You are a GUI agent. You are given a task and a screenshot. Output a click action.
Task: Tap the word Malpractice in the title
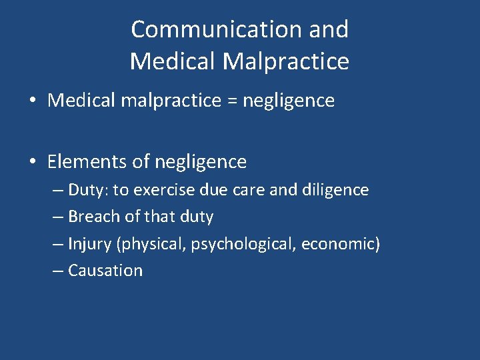(x=286, y=61)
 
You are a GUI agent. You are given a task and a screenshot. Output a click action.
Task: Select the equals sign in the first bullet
(x=231, y=101)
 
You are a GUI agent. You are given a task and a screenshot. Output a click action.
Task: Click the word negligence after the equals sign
(x=288, y=101)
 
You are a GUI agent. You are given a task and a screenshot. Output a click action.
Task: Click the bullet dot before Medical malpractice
(x=32, y=101)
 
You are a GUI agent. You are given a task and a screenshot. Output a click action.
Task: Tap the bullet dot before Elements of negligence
(x=32, y=162)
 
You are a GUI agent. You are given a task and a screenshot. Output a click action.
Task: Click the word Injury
(x=89, y=244)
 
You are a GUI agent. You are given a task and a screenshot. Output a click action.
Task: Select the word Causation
(x=105, y=271)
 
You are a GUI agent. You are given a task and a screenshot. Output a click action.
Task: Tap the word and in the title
(x=329, y=29)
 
